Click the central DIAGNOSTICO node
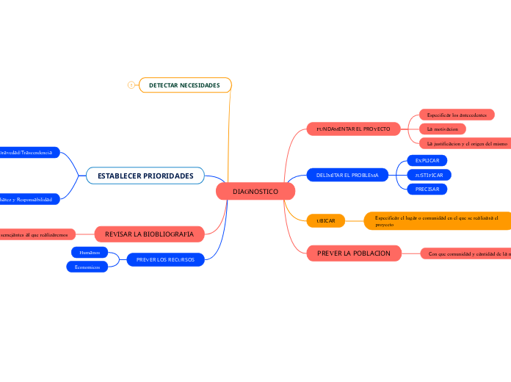255,192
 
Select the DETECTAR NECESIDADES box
184,86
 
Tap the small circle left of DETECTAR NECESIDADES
131,86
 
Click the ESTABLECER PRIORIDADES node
145,176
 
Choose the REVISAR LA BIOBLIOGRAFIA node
149,234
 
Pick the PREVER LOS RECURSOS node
165,259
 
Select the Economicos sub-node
87,267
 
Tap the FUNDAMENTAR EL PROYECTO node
353,129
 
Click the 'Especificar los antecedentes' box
456,115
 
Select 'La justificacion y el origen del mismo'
465,143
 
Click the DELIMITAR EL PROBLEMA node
347,176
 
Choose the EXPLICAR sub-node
427,160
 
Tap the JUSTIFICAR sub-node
429,175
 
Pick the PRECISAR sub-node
427,189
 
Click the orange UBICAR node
325,220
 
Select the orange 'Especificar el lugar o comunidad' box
438,220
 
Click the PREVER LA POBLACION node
353,253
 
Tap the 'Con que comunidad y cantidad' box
465,253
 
